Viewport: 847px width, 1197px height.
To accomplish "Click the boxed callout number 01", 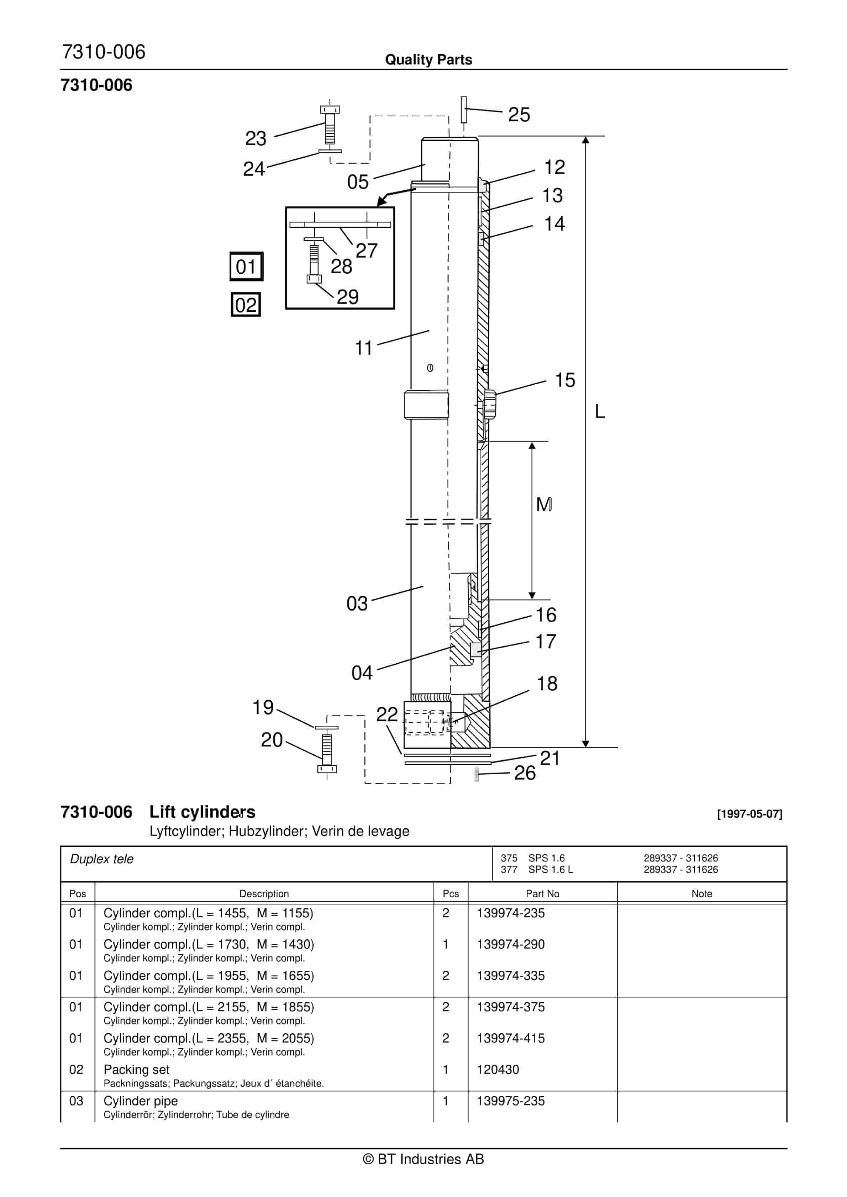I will click(246, 267).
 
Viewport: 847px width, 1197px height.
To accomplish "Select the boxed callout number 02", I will click(246, 305).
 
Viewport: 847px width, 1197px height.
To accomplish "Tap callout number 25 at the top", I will click(519, 115).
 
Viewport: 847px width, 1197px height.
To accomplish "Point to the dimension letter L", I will click(600, 411).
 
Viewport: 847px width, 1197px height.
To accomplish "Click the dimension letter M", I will click(544, 504).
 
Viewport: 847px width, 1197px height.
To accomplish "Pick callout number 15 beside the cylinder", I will click(565, 380).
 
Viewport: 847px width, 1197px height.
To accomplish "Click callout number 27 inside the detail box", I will click(366, 251).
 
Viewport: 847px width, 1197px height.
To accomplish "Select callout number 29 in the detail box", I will click(347, 297).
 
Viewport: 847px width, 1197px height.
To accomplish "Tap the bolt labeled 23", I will click(330, 125).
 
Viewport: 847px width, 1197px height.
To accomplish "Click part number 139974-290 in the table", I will click(511, 944).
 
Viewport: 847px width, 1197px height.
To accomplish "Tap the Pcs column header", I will click(451, 893).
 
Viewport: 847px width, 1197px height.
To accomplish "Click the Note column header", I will click(701, 893).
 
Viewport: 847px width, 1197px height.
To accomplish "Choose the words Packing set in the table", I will click(137, 1069).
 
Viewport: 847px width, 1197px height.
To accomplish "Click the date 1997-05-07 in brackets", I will click(749, 814).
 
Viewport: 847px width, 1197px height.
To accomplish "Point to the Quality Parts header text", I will click(428, 59).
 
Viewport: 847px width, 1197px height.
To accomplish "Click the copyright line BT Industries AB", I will click(423, 1159).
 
